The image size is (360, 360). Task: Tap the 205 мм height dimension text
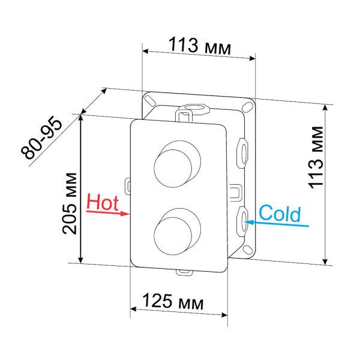71,201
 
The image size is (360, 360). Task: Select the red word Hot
103,202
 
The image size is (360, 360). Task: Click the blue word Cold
279,213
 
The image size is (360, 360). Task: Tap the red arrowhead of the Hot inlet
125,213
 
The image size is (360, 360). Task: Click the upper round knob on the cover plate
173,164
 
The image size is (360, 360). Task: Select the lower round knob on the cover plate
173,230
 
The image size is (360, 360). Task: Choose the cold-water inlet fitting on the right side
244,220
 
